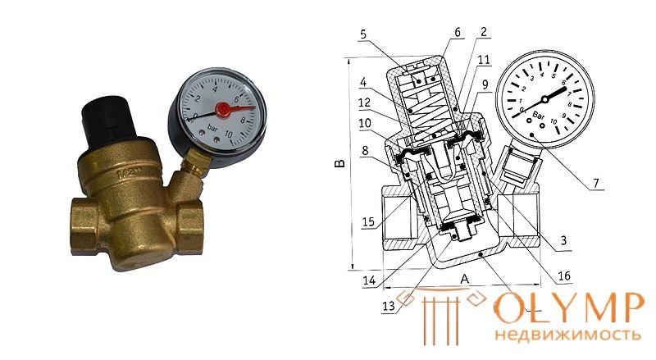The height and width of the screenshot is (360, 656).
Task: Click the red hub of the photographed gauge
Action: coord(222,109)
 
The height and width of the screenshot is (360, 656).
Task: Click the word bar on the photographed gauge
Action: coord(212,129)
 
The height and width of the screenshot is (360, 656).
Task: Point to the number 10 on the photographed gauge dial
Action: coord(229,134)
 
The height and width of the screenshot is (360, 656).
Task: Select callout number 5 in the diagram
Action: coord(363,34)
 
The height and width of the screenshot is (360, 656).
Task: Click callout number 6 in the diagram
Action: coord(458,32)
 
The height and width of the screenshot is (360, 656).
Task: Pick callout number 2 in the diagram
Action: coord(484,32)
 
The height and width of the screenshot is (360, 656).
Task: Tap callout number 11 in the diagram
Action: coord(484,59)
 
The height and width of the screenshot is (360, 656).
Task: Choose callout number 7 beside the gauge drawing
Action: coord(596,183)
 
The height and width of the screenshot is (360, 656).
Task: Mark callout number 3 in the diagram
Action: coord(563,239)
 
